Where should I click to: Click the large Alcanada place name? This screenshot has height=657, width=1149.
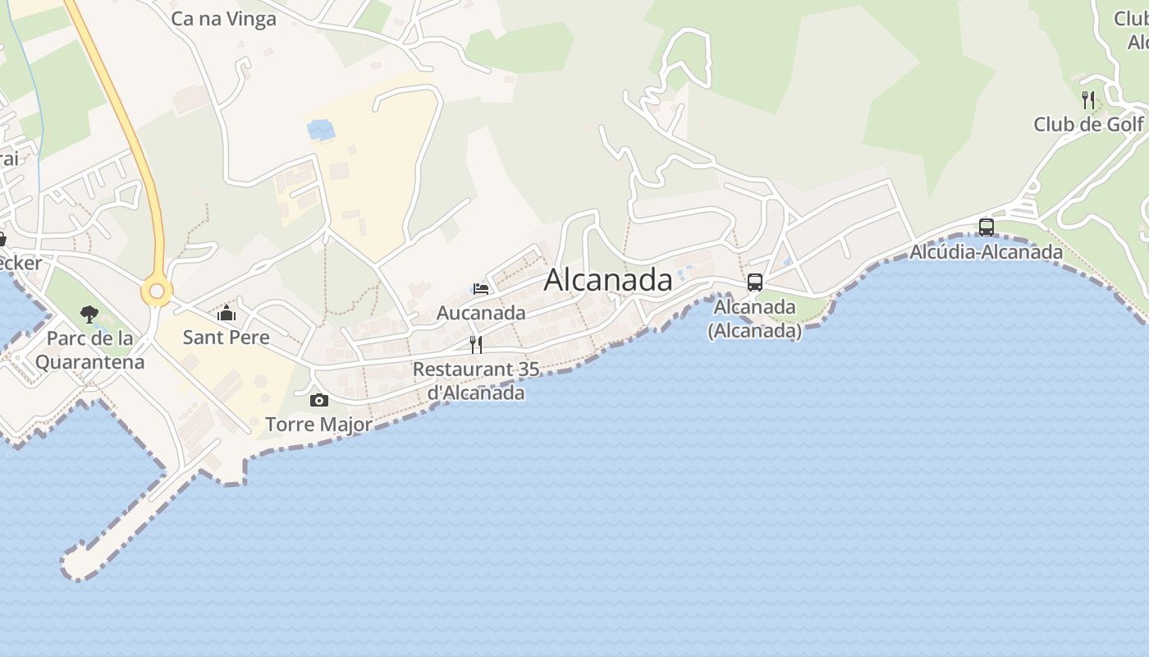click(608, 280)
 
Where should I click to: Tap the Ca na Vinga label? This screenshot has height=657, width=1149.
click(223, 19)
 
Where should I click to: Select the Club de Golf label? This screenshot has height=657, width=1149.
click(1088, 124)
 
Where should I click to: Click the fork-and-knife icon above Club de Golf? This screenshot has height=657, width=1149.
click(1088, 100)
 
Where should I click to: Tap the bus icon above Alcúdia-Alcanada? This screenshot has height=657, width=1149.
click(986, 227)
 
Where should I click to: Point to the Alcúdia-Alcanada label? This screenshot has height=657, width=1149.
click(986, 251)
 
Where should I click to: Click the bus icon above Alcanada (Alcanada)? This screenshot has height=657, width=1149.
click(755, 283)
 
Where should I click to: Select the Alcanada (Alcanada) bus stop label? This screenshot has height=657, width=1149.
click(755, 319)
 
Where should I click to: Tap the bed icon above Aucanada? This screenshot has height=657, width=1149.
click(481, 288)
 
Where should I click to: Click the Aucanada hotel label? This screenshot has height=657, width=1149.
click(481, 313)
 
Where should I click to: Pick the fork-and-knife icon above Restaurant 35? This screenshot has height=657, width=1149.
click(476, 344)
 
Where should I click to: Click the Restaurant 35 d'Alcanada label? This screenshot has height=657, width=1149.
click(476, 381)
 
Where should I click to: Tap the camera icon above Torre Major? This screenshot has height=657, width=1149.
click(319, 400)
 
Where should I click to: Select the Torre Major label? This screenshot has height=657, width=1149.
click(319, 425)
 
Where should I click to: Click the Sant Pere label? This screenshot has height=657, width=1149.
click(226, 337)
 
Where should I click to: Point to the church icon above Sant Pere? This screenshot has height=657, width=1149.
click(226, 312)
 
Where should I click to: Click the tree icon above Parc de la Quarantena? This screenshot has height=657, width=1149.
click(89, 314)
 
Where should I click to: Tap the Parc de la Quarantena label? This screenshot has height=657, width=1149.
click(89, 350)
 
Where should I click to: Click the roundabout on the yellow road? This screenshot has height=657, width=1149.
click(156, 291)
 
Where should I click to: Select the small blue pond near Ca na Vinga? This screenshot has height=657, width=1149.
click(320, 130)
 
